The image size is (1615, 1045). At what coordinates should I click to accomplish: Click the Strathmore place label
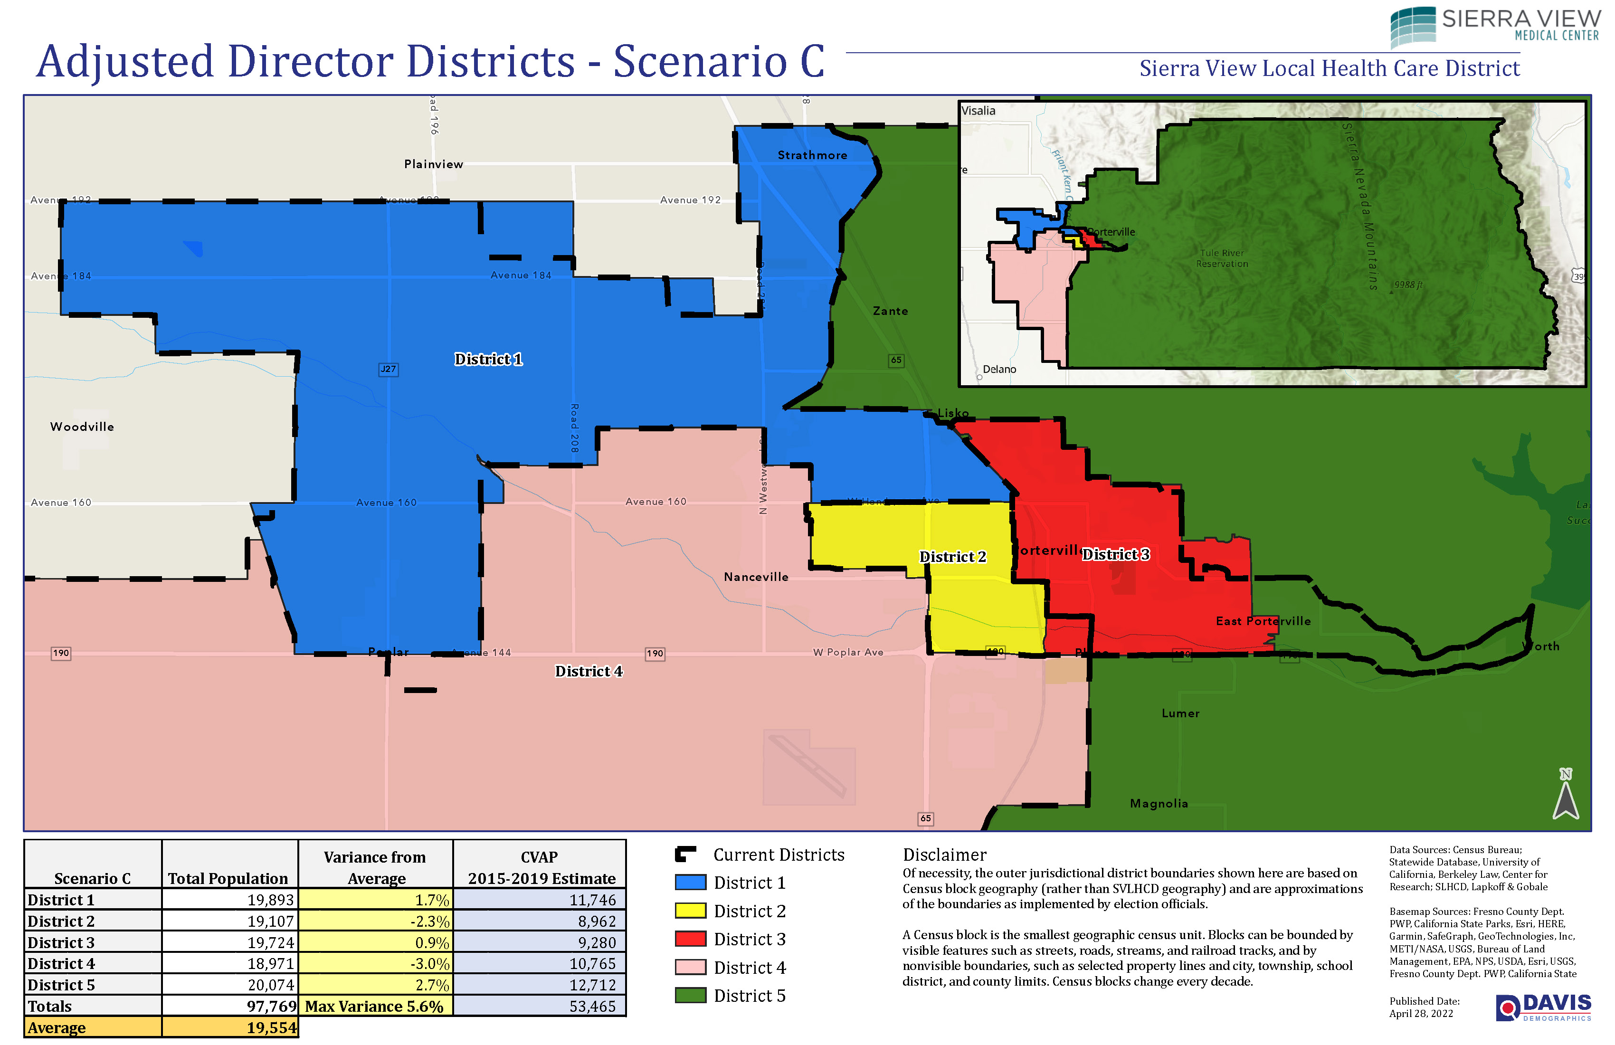point(812,155)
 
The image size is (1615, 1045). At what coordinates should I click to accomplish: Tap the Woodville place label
point(82,427)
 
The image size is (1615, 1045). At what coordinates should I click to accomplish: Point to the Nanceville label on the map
point(756,577)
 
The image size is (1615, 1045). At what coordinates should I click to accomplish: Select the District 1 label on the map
point(488,359)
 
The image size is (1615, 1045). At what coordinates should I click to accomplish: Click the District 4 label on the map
point(589,671)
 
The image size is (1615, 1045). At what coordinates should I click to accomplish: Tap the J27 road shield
point(388,369)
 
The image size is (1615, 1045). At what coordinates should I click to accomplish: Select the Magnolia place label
point(1159,803)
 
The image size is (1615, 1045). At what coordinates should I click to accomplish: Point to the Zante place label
point(890,311)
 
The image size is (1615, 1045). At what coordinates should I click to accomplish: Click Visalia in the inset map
point(978,111)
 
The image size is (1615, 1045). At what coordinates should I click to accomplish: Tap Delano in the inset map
point(999,369)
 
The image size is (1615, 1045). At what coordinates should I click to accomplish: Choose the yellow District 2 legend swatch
point(690,911)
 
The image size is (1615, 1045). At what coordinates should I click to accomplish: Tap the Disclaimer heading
point(944,855)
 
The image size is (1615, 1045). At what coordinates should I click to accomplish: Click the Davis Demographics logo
point(1542,1007)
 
